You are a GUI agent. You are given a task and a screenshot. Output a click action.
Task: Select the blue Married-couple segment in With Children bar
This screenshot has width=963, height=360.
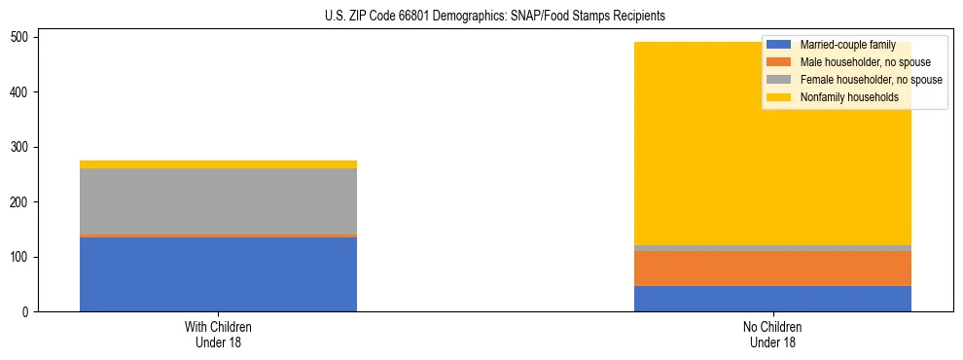pos(218,274)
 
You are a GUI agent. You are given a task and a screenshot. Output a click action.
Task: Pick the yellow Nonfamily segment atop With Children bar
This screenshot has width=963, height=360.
pos(218,164)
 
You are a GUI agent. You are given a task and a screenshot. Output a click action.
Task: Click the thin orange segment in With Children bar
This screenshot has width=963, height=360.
pos(218,235)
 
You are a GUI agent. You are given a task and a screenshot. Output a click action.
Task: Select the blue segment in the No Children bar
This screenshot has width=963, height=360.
pos(772,299)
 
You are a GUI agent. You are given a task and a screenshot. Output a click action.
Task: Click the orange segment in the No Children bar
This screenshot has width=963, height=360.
pos(772,269)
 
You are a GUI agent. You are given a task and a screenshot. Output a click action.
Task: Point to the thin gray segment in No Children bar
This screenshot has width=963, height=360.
pos(772,248)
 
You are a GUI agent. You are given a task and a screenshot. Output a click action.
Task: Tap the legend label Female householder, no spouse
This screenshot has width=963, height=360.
pos(871,80)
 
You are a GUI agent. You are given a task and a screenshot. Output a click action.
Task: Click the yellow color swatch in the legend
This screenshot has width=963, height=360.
pos(780,97)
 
